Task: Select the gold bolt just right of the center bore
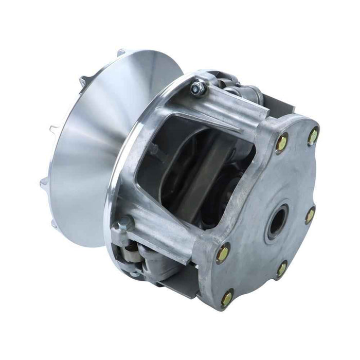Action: [x=310, y=215]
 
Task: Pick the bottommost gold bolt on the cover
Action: [x=227, y=297]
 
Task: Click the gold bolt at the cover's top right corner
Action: [x=313, y=136]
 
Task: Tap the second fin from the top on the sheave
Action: [x=84, y=80]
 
